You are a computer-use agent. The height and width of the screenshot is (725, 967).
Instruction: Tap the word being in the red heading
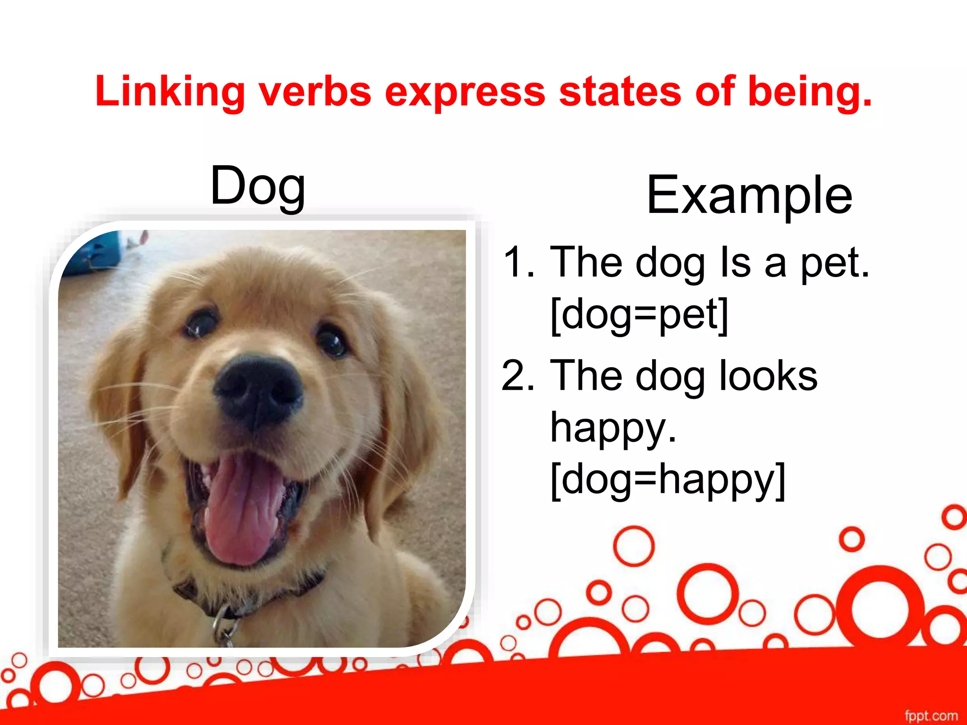[x=809, y=92]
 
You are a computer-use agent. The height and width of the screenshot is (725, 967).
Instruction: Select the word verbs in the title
[x=315, y=92]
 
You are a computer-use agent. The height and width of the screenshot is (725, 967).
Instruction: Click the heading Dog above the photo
[x=258, y=186]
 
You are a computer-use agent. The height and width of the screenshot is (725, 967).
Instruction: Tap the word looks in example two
[x=768, y=376]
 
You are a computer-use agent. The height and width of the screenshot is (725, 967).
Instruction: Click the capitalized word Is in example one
[x=735, y=262]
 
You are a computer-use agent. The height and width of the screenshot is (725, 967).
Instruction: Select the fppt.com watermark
[x=931, y=716]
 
